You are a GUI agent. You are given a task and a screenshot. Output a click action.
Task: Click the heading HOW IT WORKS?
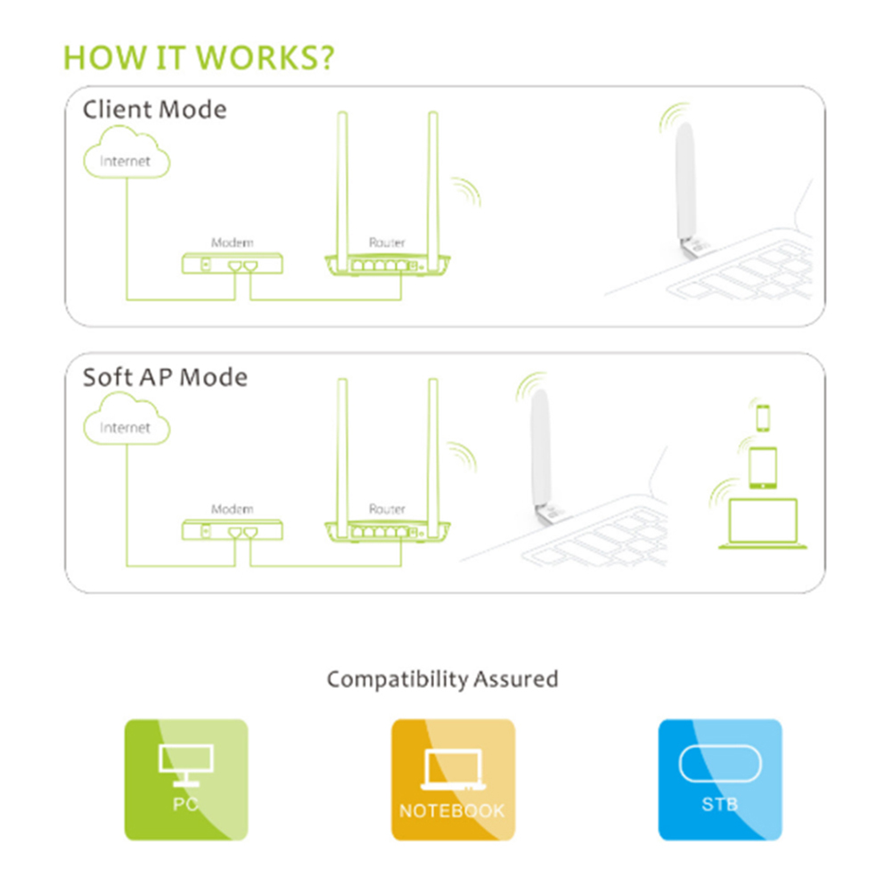[199, 58]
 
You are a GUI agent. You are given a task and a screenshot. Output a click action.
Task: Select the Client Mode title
[154, 110]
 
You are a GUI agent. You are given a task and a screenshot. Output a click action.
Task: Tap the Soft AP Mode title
[165, 377]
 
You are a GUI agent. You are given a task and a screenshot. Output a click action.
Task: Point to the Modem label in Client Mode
[233, 242]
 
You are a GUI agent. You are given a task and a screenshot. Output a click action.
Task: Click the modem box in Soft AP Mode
[233, 530]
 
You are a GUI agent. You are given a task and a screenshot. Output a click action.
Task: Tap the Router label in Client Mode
[388, 242]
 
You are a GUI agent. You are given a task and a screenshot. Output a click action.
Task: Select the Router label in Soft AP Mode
[388, 509]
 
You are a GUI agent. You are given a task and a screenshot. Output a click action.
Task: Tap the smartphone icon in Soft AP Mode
[763, 417]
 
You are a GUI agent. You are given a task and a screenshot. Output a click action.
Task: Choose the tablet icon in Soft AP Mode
[763, 468]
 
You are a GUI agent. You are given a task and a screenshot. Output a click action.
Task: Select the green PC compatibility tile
[186, 780]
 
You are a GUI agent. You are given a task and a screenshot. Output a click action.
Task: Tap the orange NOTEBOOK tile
[454, 780]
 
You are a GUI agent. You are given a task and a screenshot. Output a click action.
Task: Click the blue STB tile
[720, 780]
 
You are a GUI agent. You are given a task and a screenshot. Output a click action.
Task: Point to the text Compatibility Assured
[443, 679]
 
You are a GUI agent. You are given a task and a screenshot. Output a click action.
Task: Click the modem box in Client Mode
[233, 264]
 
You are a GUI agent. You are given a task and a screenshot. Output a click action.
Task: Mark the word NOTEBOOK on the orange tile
[452, 811]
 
